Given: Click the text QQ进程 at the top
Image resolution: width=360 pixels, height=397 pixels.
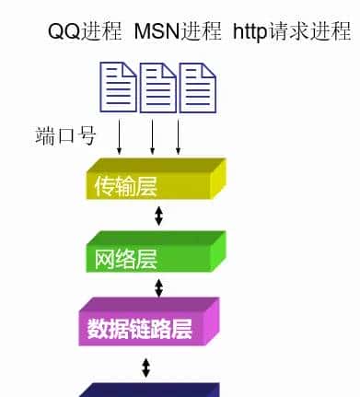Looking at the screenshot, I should coord(85,32).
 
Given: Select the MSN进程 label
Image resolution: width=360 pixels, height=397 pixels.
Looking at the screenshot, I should coord(178,32).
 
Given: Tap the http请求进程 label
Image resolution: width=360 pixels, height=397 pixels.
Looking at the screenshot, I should coord(291,32).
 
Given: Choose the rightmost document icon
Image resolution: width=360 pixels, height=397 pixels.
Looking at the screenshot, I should coord(197,86).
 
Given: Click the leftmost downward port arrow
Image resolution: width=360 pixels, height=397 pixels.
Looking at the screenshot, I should coord(120,137).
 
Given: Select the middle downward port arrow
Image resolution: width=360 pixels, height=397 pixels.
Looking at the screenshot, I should coord(153,137).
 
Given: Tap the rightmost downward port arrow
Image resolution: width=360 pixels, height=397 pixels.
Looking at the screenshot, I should coord(179,137).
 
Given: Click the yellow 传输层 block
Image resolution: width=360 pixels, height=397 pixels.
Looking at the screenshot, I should coord(152,181).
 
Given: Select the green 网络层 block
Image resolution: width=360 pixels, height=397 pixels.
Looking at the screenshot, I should coord(152,252).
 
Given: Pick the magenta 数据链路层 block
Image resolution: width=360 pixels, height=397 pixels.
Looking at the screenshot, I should coord(147,323).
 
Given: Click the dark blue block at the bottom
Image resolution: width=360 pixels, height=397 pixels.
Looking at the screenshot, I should coord(147,389).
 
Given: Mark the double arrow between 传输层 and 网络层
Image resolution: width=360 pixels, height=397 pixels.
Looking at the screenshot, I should coord(158,216).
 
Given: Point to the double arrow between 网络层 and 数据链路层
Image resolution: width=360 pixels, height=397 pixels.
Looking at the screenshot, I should coord(158,287).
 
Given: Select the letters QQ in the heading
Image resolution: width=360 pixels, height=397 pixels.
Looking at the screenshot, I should coord(64,32).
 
